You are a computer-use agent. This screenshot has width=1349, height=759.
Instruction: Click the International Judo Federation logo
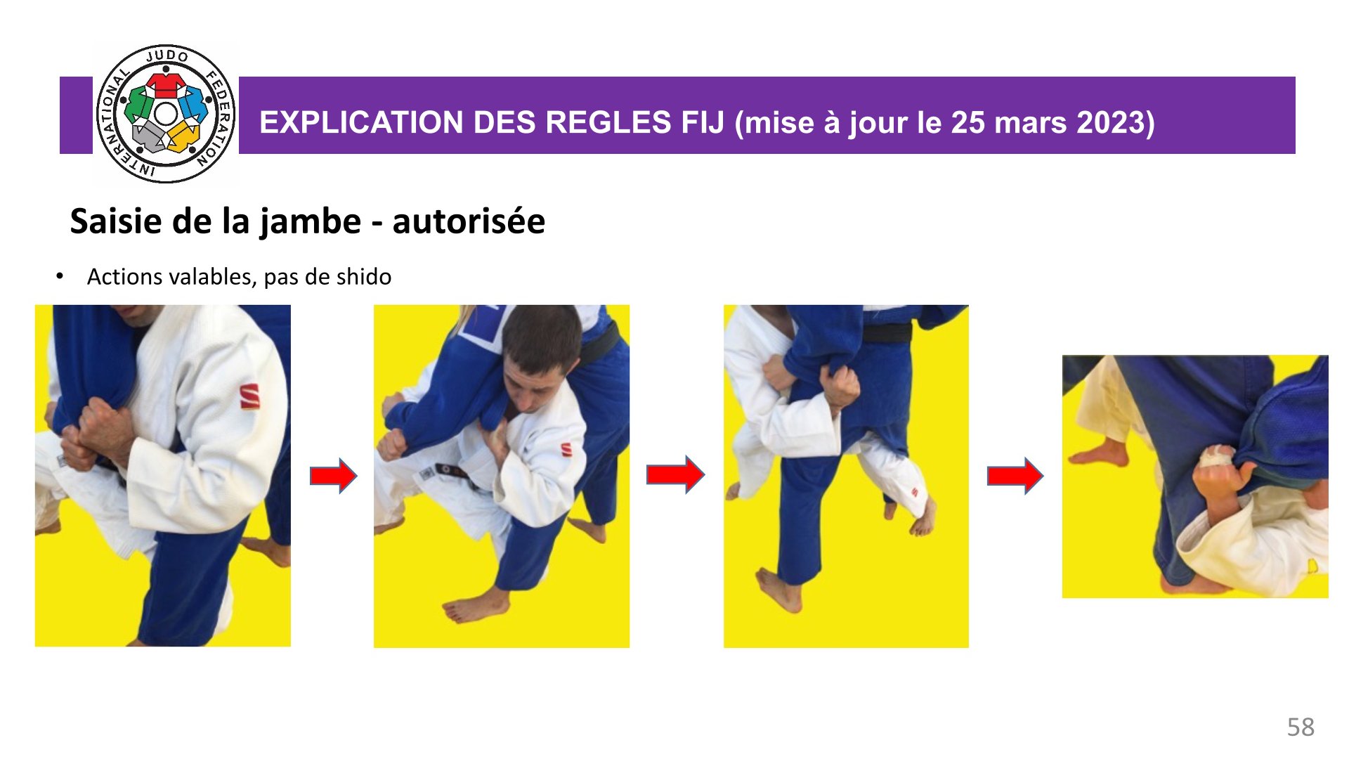(166, 114)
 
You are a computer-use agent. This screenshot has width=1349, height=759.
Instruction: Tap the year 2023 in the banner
(1113, 122)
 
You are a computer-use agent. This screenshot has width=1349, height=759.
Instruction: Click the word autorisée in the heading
(469, 221)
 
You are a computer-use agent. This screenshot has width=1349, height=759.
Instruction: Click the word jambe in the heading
(311, 223)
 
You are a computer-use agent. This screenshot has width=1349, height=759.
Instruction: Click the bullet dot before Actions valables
(60, 276)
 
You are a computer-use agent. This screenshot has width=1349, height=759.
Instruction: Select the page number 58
(1301, 727)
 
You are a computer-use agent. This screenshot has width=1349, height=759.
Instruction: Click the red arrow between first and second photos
(334, 476)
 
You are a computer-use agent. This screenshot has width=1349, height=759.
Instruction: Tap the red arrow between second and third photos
(675, 475)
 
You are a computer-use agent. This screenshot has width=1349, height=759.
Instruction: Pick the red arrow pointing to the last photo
(1015, 476)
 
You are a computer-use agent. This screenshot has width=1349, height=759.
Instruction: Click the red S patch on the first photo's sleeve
(249, 396)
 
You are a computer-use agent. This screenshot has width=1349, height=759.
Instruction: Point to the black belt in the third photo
(887, 332)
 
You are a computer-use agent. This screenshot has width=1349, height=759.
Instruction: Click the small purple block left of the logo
(76, 115)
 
